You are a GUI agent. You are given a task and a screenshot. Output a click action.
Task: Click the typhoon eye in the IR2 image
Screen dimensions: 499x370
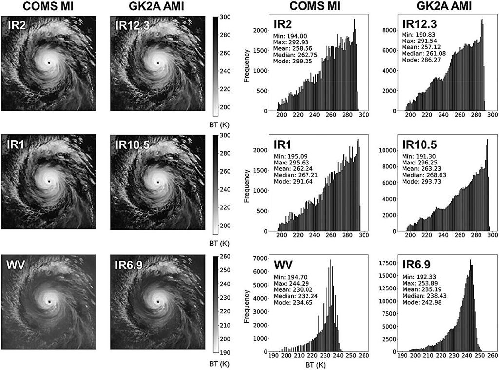(49, 63)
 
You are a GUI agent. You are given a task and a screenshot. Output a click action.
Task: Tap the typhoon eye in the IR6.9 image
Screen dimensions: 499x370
(158, 302)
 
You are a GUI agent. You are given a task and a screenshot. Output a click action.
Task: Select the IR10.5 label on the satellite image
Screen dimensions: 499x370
(132, 145)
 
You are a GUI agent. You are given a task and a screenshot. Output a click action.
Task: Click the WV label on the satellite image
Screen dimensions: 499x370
(15, 265)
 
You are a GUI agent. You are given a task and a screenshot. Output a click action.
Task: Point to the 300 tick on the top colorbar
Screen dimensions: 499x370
(225, 17)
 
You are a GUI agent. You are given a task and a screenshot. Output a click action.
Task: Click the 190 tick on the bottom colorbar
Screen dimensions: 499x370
(225, 353)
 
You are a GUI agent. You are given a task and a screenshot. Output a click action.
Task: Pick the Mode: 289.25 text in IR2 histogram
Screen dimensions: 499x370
(292, 61)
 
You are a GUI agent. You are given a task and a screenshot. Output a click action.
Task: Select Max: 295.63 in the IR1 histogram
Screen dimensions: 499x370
(291, 163)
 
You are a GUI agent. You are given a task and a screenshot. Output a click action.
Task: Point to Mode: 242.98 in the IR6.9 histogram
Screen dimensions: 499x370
(422, 302)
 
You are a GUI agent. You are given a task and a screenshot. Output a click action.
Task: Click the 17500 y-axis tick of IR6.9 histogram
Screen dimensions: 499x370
(387, 263)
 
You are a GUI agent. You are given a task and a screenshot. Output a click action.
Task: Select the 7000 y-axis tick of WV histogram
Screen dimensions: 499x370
(258, 258)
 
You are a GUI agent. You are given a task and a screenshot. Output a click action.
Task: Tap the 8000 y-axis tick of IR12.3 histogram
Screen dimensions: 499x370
(389, 30)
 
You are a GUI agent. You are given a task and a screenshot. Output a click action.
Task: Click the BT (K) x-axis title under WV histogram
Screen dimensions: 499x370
(315, 365)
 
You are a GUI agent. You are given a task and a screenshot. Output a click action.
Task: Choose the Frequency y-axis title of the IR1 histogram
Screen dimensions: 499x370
(246, 186)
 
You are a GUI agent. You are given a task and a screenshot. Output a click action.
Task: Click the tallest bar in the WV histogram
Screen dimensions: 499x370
(331, 306)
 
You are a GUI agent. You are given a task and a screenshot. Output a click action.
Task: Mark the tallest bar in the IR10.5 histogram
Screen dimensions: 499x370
(487, 185)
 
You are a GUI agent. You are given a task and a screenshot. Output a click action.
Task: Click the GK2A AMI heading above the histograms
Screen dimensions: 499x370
(444, 6)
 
